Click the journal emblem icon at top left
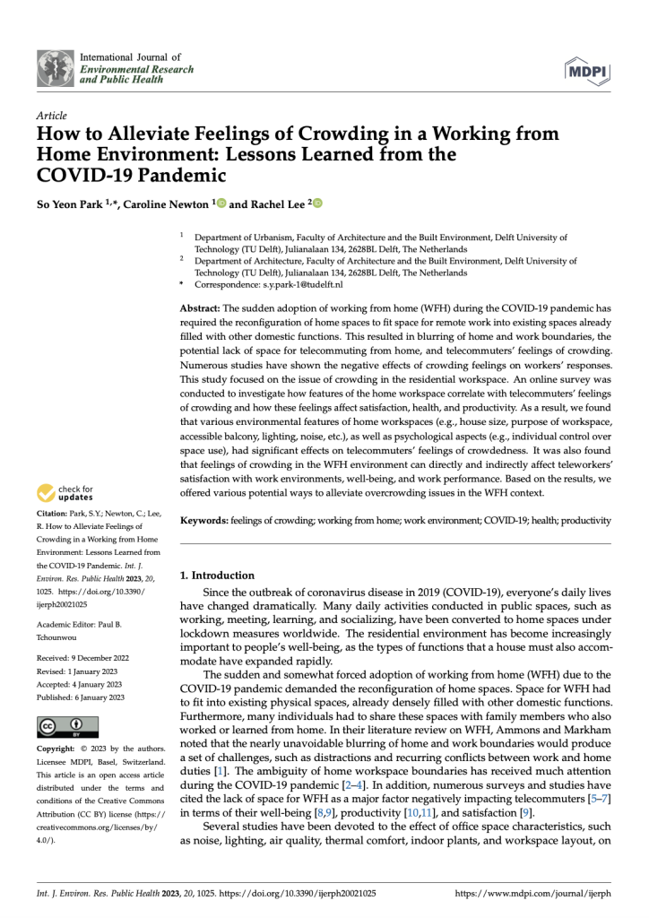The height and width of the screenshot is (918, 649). point(56,68)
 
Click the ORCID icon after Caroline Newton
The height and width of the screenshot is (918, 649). point(221,204)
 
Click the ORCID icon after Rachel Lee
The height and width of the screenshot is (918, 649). point(316,204)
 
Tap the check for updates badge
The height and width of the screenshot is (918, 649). point(65,494)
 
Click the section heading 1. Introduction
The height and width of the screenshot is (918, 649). point(217,576)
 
